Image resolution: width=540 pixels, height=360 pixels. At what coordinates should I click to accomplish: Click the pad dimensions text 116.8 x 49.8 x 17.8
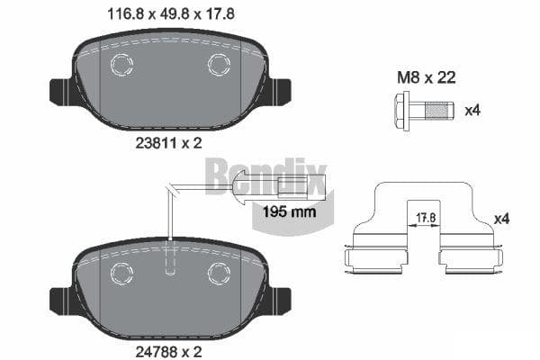tap(171, 14)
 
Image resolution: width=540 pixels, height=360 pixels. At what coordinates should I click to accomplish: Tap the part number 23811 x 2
tap(168, 143)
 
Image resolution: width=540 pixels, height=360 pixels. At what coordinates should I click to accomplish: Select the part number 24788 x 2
tap(168, 352)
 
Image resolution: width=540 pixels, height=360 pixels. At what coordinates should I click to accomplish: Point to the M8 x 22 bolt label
tap(427, 77)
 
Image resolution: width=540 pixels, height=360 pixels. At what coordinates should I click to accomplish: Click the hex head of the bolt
tap(400, 111)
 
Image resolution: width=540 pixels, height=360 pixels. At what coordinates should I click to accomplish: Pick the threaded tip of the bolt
tap(439, 111)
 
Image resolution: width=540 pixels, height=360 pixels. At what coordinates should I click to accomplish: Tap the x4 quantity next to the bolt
tap(472, 111)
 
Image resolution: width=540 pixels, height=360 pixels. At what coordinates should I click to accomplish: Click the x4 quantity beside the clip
tap(502, 219)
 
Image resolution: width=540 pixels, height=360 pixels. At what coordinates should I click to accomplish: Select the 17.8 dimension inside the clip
tap(426, 218)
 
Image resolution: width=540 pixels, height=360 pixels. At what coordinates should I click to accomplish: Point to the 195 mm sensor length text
tap(289, 211)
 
